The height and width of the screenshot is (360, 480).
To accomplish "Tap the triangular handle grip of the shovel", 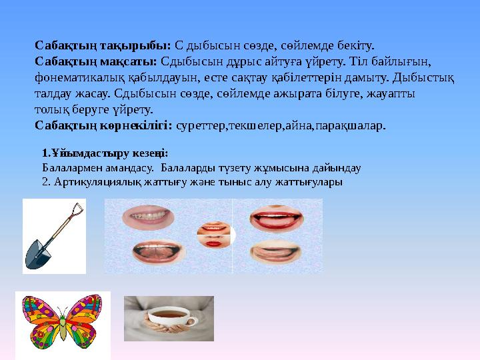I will [76, 210].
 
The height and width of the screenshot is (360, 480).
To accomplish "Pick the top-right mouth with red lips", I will [276, 218].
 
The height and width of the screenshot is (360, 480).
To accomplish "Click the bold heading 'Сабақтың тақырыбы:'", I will [103, 45].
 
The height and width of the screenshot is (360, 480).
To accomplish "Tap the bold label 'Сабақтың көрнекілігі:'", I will [104, 125].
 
